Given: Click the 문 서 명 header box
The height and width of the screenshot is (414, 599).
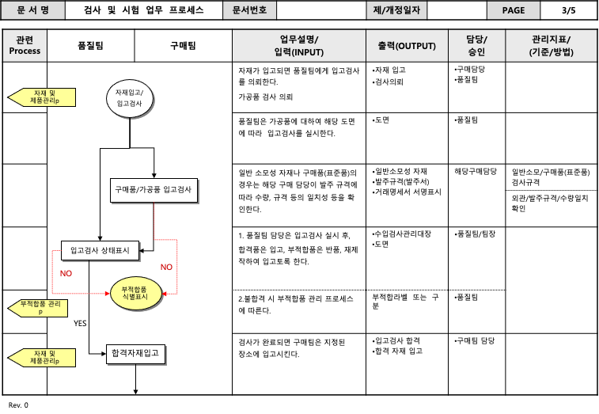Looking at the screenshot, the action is [32, 10].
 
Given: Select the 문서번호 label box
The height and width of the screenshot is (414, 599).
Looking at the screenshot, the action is [249, 10].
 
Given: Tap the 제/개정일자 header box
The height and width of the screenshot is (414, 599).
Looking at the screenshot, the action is [396, 10].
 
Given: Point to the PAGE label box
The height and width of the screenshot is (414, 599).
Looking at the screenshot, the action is [513, 10].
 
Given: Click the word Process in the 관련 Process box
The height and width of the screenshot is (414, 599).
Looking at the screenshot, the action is [25, 51].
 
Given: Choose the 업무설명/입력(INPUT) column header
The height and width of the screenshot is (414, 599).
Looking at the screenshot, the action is [298, 46].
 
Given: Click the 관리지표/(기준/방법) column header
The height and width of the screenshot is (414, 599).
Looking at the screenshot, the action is [551, 46].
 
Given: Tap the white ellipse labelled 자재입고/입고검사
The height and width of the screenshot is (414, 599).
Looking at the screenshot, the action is [129, 98].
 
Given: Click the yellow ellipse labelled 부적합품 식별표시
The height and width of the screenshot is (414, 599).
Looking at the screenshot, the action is [135, 293].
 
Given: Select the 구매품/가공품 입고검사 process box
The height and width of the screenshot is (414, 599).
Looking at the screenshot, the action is [154, 190].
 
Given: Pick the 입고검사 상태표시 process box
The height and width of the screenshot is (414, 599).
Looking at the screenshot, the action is [100, 250].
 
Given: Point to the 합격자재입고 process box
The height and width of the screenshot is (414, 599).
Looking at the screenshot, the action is [135, 353].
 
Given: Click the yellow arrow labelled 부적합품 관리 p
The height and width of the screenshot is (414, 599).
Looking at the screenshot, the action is [39, 307].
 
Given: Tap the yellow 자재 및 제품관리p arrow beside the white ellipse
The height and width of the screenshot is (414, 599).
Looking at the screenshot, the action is [43, 97].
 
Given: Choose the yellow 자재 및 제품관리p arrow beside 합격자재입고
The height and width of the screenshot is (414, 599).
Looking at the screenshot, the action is [43, 357].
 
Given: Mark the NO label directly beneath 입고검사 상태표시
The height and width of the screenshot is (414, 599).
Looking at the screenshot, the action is [66, 273].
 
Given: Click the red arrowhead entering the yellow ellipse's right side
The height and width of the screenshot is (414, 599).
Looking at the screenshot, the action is [165, 293].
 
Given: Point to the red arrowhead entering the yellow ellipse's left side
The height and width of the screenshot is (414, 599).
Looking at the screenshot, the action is [107, 293].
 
